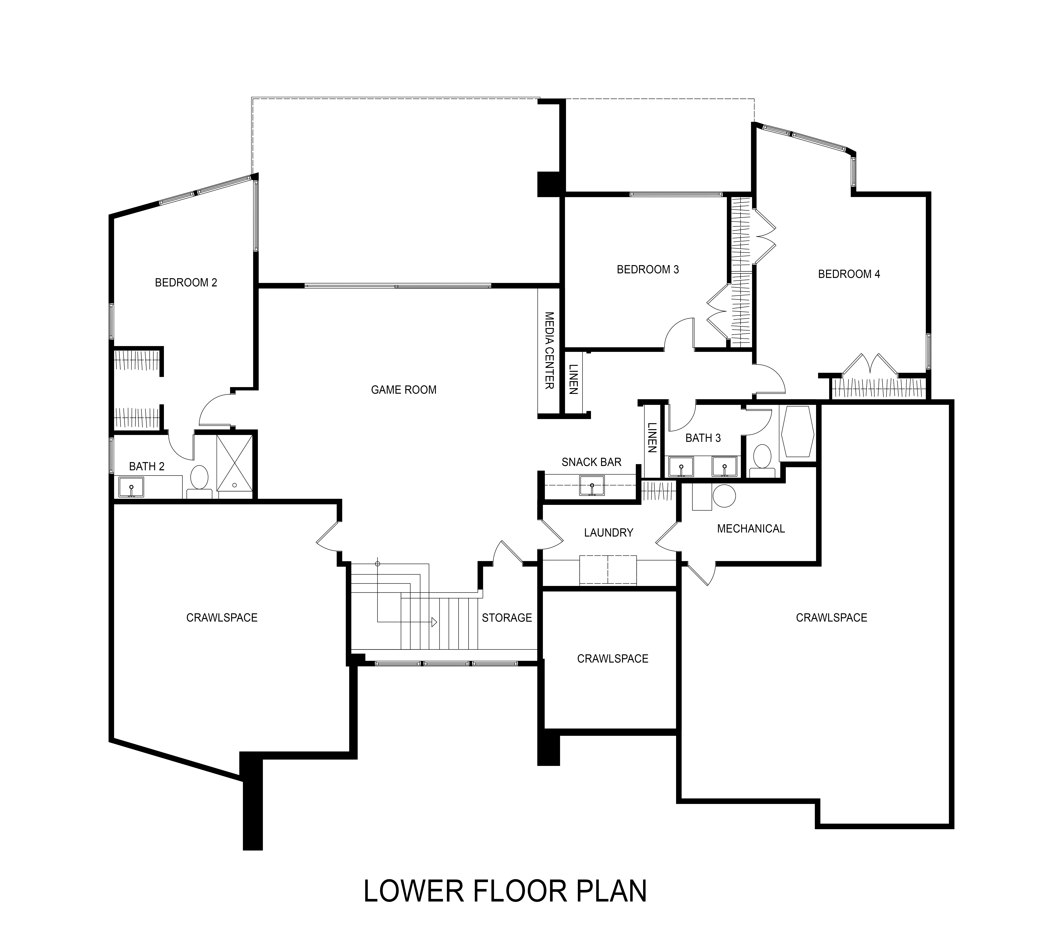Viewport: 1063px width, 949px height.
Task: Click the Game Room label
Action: click(403, 390)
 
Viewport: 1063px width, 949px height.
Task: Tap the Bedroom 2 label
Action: click(186, 283)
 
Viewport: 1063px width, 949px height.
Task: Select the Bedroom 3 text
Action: click(648, 270)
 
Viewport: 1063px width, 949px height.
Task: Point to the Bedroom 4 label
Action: click(849, 274)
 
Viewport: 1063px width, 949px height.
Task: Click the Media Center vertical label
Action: click(549, 350)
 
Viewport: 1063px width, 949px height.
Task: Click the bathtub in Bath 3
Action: click(797, 432)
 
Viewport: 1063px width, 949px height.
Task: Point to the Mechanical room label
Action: click(751, 529)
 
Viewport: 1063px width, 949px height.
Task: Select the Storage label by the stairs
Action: click(507, 618)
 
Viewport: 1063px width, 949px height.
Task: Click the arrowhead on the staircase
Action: click(434, 622)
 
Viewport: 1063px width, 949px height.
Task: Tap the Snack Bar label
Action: click(591, 462)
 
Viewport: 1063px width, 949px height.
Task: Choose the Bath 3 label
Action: click(703, 438)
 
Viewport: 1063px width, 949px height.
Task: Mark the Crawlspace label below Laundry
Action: click(613, 659)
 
